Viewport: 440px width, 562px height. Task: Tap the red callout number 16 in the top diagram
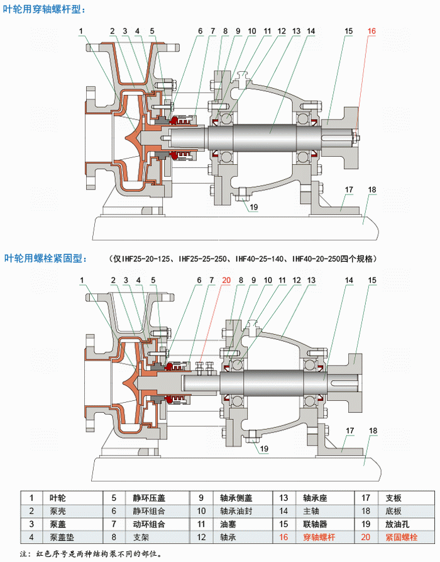pyautogui.click(x=371, y=31)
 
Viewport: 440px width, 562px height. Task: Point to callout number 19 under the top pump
pyautogui.click(x=254, y=207)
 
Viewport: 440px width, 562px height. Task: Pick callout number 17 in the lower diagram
pyautogui.click(x=349, y=431)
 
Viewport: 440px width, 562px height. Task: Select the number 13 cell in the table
pyautogui.click(x=283, y=497)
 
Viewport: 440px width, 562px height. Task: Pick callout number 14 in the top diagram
pyautogui.click(x=311, y=31)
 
